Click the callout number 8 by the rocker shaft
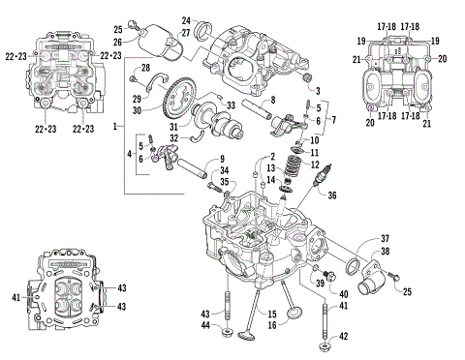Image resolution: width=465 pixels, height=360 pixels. click(273, 100)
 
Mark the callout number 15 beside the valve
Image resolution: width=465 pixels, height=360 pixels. click(271, 313)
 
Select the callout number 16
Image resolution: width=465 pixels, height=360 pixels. click(271, 326)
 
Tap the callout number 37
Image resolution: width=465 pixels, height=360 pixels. click(384, 238)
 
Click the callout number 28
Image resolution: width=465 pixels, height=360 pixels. click(145, 67)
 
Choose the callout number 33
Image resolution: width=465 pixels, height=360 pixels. click(230, 105)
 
